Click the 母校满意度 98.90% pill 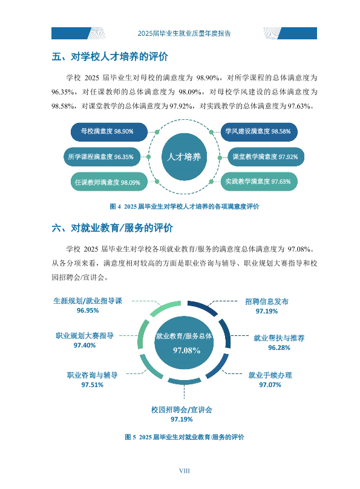[109, 131]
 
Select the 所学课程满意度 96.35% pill [102, 157]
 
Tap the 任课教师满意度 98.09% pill [109, 182]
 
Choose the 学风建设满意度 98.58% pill [259, 131]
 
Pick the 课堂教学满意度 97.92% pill [266, 157]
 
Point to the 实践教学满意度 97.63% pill [259, 182]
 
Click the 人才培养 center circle [184, 157]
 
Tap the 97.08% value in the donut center [187, 350]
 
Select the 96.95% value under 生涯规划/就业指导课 [88, 310]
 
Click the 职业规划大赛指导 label [85, 336]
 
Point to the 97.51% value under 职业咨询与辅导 [92, 385]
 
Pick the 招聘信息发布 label [267, 301]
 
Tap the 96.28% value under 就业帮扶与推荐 [280, 348]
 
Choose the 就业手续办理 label [270, 375]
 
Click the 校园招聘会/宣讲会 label [182, 410]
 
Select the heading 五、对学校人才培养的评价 [110, 57]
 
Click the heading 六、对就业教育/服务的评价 [112, 228]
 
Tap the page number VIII [185, 471]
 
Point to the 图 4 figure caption [185, 206]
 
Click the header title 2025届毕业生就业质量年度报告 [184, 33]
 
